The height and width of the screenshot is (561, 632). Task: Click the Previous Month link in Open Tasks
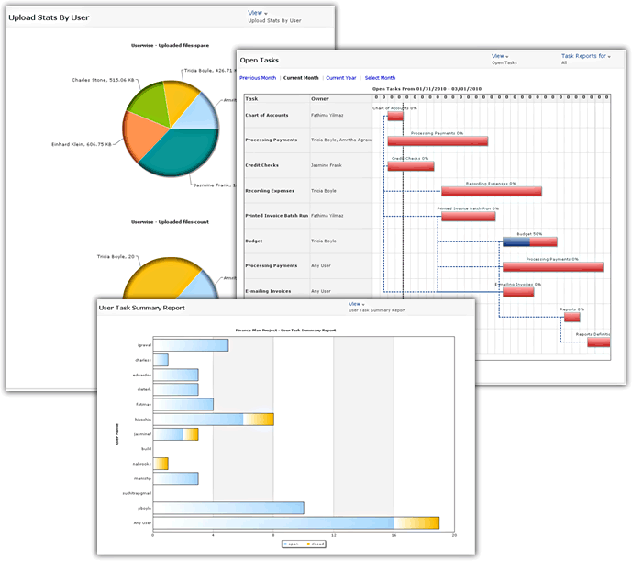[x=258, y=78]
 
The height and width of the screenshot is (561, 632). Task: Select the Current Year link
[x=340, y=78]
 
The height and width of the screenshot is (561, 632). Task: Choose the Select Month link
[x=381, y=78]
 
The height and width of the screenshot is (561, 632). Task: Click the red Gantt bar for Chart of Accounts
[x=395, y=117]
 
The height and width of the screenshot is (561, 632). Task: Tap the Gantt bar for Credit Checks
[x=410, y=166]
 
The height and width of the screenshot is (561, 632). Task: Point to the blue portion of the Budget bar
[x=515, y=242]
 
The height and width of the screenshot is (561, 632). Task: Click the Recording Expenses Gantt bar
[x=491, y=192]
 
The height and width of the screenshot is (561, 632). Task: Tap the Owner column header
[x=320, y=98]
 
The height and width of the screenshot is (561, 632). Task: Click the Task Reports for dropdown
[x=585, y=56]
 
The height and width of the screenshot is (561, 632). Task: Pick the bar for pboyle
[x=227, y=507]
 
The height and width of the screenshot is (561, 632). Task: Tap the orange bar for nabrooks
[x=161, y=463]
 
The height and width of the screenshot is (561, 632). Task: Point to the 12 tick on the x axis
[x=333, y=535]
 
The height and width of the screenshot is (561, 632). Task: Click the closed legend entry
[x=315, y=544]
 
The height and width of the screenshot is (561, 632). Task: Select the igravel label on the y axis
[x=143, y=345]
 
